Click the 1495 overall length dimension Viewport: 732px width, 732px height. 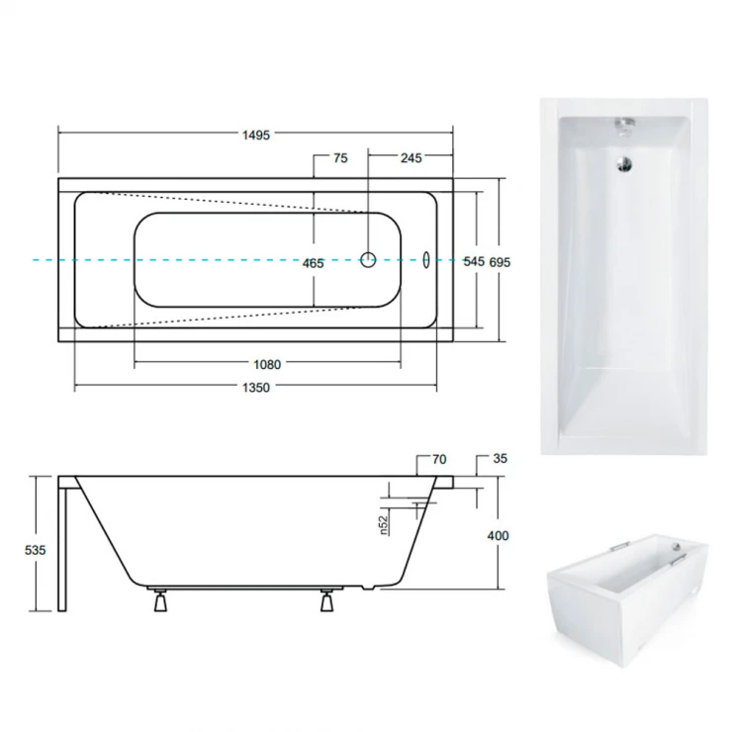pyautogui.click(x=256, y=136)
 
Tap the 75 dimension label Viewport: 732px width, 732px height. pyautogui.click(x=341, y=158)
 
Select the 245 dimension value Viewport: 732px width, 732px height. pyautogui.click(x=411, y=158)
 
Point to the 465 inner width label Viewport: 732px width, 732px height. pyautogui.click(x=313, y=264)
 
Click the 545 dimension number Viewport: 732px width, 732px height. pyautogui.click(x=474, y=261)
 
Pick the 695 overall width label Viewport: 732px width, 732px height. pyautogui.click(x=500, y=262)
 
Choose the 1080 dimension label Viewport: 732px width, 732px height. pyautogui.click(x=267, y=365)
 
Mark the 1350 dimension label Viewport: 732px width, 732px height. pyautogui.click(x=256, y=388)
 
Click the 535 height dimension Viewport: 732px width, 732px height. pyautogui.click(x=36, y=550)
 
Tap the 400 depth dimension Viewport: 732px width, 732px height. pyautogui.click(x=499, y=535)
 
